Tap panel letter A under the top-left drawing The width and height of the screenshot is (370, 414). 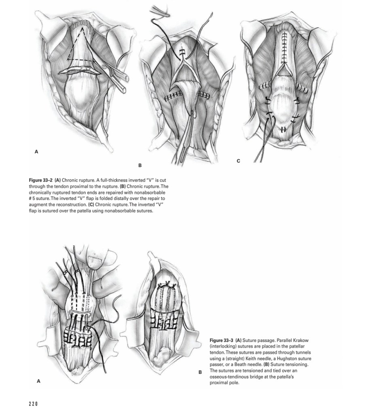tap(36, 152)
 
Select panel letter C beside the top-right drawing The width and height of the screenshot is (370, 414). tap(239, 161)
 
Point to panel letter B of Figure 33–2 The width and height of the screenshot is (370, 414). tap(140, 165)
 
